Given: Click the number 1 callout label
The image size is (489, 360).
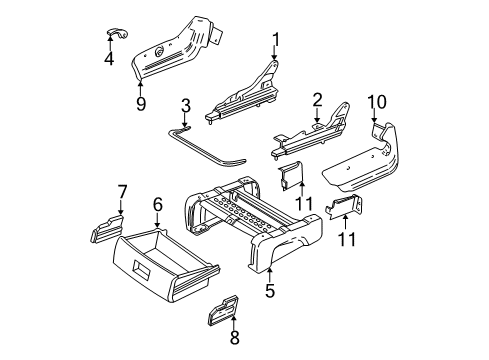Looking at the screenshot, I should coord(274,40).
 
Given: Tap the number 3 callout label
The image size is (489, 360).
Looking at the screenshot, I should coord(185,107).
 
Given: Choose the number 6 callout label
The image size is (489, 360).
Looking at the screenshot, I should coord(157,204).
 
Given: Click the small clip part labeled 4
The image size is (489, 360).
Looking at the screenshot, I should coord(112,37).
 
